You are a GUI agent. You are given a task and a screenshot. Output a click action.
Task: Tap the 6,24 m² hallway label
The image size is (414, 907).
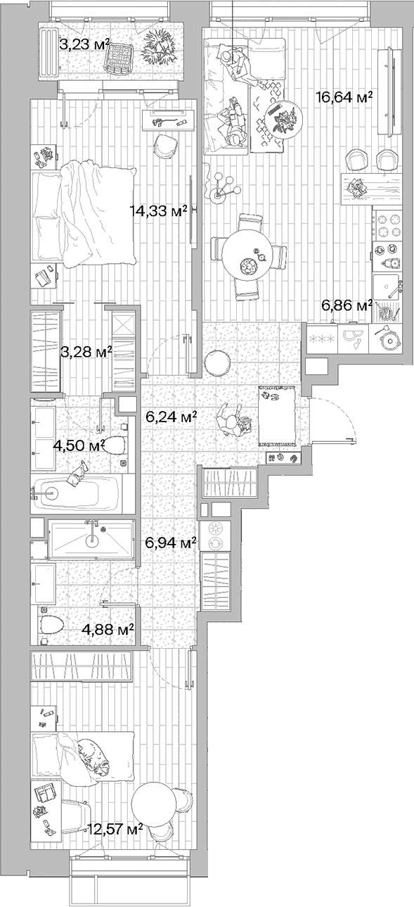point(170,417)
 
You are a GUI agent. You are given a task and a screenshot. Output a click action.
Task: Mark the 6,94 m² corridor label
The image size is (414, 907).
point(170,543)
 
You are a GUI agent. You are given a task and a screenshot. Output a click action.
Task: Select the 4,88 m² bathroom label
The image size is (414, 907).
point(108,628)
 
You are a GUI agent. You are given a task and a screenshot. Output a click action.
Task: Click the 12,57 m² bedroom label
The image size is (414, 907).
point(115,829)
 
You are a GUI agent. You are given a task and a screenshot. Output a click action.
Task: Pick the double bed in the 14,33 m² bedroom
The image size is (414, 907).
point(84,215)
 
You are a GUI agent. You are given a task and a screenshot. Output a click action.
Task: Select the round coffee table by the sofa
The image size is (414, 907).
point(283,117)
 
